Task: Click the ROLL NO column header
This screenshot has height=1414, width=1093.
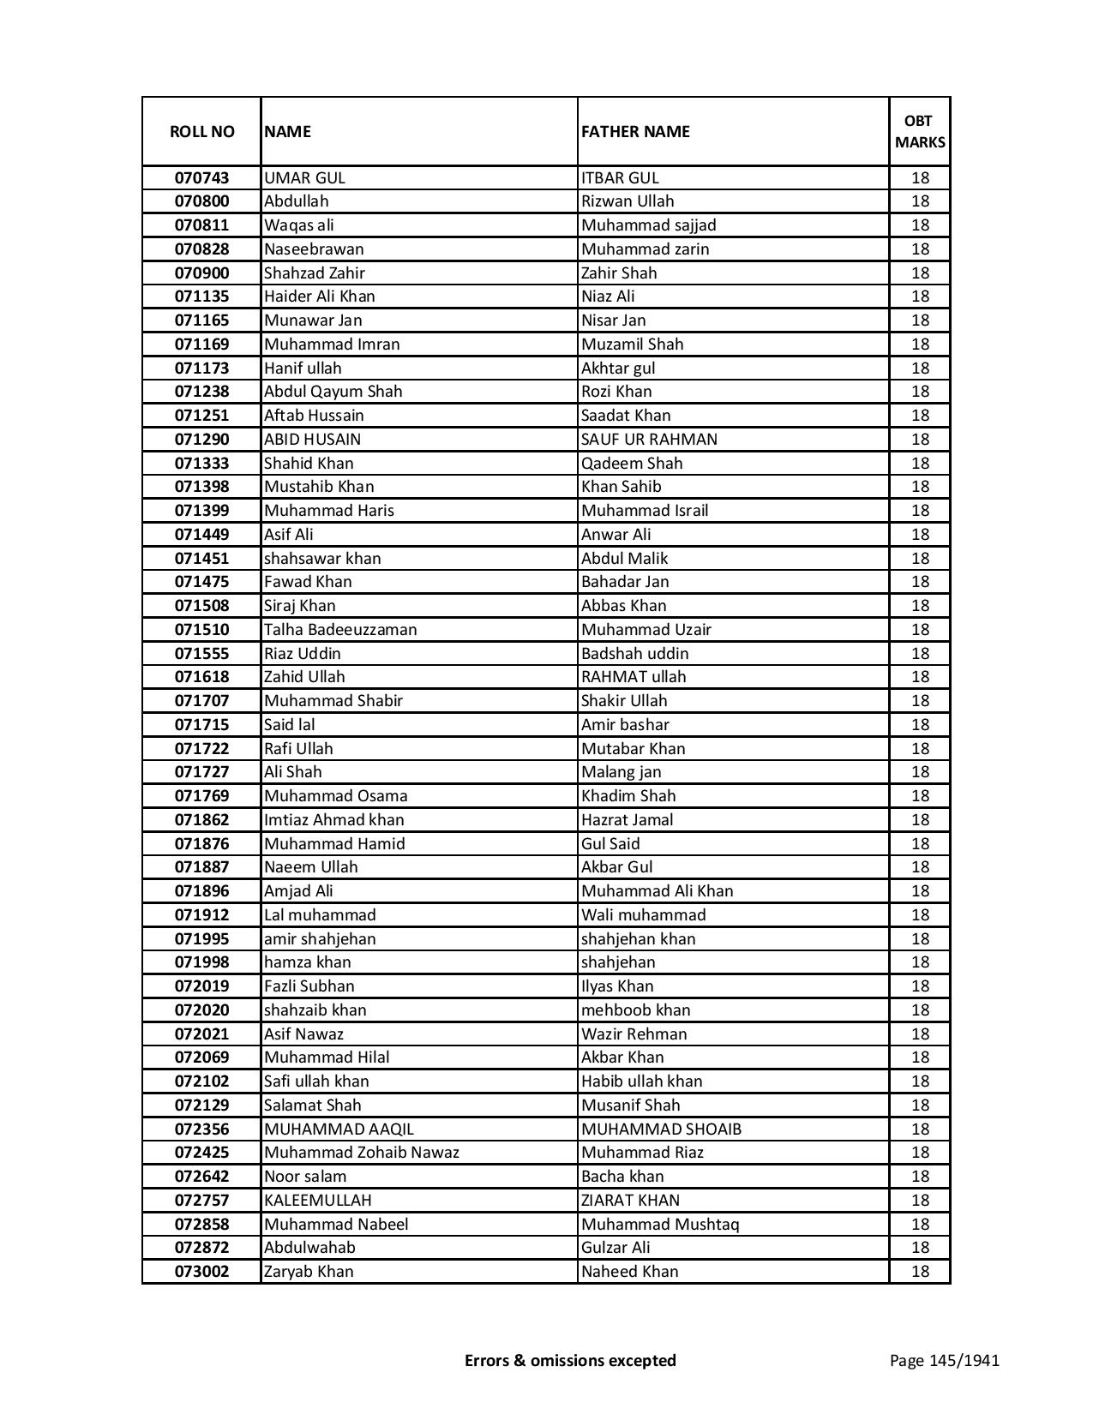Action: pos(201,132)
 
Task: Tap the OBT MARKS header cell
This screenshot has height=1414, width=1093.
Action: pos(920,132)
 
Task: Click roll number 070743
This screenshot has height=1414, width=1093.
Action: pos(201,178)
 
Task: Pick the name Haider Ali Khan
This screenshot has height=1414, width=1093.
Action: pos(319,297)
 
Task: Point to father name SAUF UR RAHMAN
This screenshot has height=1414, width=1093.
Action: pos(649,440)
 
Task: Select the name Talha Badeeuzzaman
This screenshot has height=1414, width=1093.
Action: pos(340,630)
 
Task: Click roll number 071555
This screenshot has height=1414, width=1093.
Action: pos(201,654)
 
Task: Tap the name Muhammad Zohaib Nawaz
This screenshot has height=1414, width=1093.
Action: pos(361,1153)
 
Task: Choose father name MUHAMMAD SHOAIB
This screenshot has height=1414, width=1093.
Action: pos(661,1129)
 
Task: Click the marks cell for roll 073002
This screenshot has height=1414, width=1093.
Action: pos(920,1272)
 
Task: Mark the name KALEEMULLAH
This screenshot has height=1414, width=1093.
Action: pos(317,1201)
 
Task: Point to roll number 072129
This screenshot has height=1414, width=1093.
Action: pos(201,1105)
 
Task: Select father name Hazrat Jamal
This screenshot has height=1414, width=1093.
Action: pos(627,820)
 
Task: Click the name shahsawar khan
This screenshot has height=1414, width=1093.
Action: pos(322,559)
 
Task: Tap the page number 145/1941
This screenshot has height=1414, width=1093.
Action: pos(944,1361)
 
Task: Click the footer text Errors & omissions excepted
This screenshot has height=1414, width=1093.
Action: pos(570,1361)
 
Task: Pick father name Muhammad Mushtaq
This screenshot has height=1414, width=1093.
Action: pos(659,1225)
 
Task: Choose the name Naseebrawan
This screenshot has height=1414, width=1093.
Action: pos(314,249)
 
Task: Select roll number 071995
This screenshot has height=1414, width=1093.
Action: pos(201,939)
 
